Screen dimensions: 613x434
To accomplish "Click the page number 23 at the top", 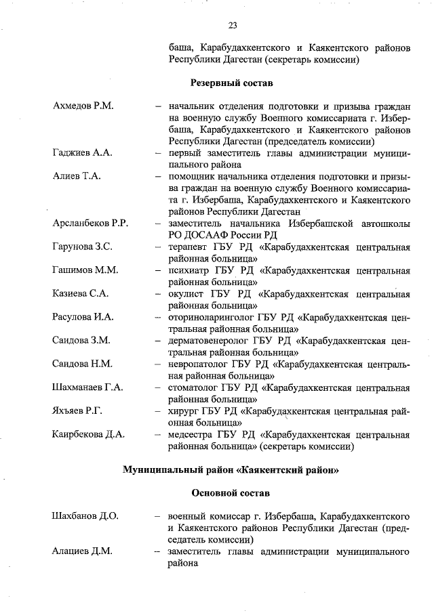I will [232, 26].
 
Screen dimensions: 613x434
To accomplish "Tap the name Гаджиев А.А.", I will [82, 153].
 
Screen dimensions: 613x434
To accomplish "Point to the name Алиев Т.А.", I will [77, 177].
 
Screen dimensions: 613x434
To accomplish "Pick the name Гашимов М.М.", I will [85, 270].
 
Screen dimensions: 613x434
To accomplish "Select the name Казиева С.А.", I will [81, 294].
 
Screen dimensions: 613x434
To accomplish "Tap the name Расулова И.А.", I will [83, 317].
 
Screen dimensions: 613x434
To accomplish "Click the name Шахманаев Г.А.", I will [87, 387].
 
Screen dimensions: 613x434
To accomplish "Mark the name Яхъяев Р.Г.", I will [77, 411].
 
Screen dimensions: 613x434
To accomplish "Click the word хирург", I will [184, 411].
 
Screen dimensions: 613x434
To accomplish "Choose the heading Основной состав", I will [230, 493].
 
